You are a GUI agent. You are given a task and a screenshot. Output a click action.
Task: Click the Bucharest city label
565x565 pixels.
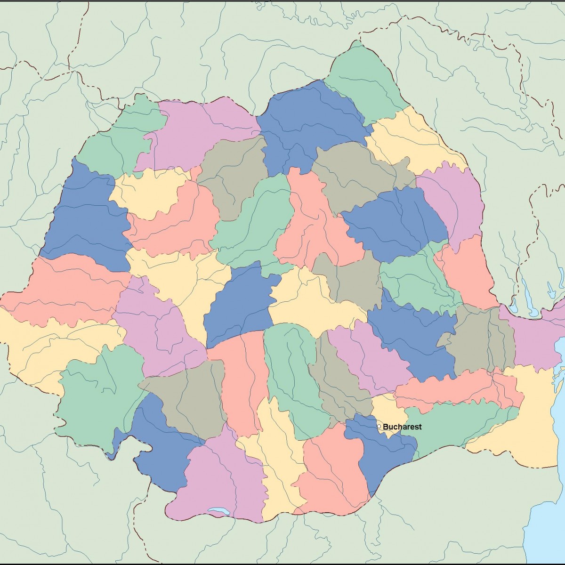pos(402,427)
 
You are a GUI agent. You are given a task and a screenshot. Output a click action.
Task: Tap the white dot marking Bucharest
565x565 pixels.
pos(379,427)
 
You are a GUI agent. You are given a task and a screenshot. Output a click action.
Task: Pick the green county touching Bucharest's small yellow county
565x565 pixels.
pos(452,424)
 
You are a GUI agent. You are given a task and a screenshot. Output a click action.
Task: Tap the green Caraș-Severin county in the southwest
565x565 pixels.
pos(99,395)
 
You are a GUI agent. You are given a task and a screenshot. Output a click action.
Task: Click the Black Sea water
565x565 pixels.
pos(546,518)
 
